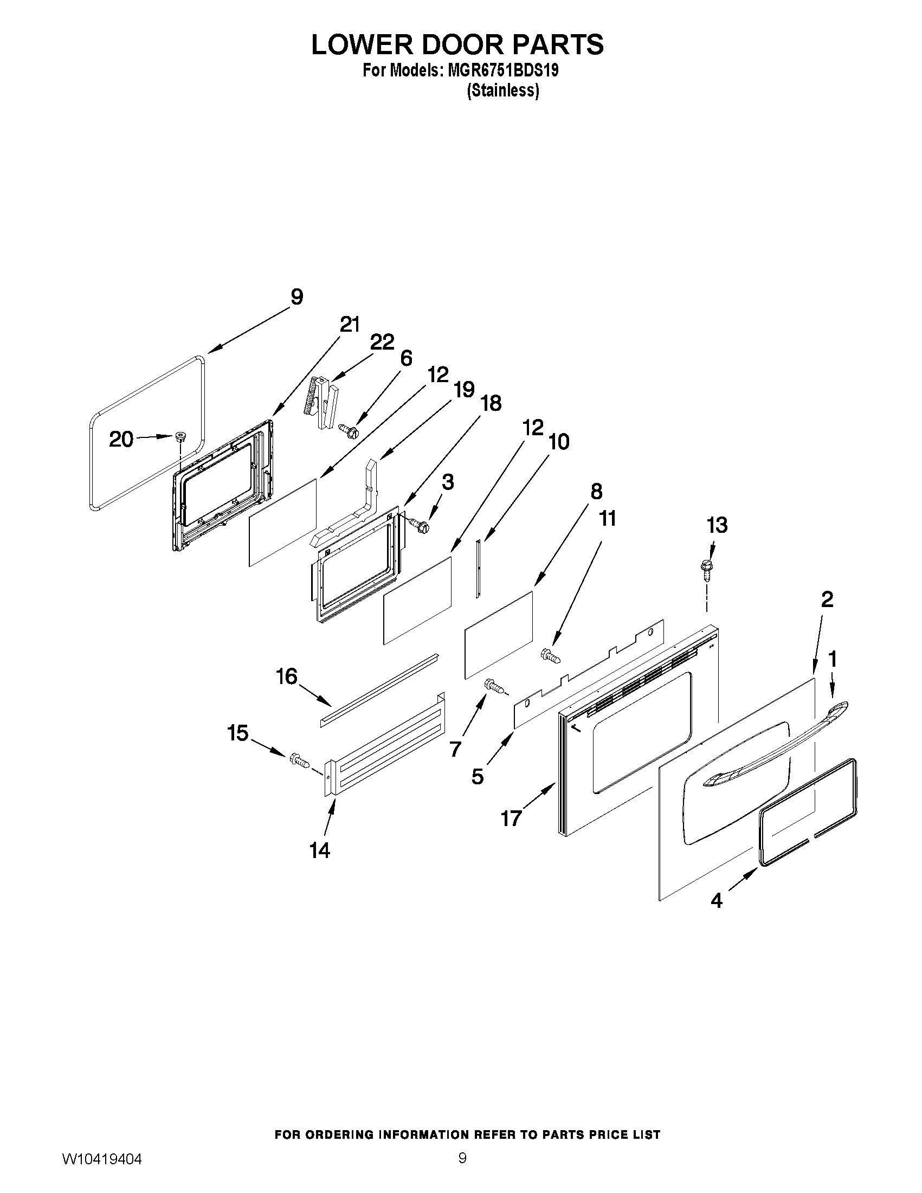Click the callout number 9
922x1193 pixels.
296,297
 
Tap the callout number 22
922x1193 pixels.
382,343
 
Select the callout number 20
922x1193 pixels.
121,438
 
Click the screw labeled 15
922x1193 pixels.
300,760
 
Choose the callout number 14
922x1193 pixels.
320,850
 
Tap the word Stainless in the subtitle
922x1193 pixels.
503,91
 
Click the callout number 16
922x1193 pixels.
287,677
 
